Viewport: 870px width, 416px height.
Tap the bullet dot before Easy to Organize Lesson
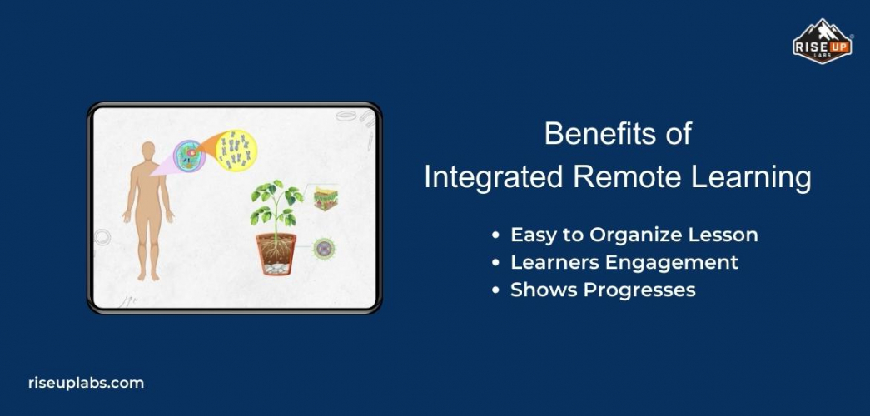pyautogui.click(x=497, y=236)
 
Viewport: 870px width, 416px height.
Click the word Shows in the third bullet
pyautogui.click(x=539, y=290)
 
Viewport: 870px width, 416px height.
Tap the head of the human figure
pyautogui.click(x=148, y=152)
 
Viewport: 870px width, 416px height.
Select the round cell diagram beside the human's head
pyautogui.click(x=190, y=156)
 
